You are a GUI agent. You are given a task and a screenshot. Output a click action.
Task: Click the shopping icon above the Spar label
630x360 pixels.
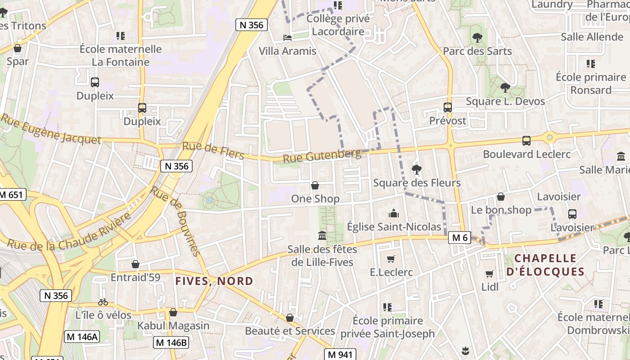[x=18, y=48]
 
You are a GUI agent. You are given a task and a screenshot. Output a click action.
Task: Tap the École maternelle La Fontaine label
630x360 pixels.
[x=121, y=55]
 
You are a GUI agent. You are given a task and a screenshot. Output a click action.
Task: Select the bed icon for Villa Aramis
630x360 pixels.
[x=288, y=38]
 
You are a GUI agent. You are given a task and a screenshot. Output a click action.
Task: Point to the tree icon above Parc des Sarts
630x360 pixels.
[x=477, y=38]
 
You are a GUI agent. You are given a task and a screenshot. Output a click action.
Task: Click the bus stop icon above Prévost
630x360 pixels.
[x=447, y=108]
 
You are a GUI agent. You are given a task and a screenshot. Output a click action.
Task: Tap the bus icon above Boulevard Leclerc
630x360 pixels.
[x=526, y=141]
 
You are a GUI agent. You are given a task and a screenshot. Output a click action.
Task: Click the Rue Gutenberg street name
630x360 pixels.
[x=322, y=156]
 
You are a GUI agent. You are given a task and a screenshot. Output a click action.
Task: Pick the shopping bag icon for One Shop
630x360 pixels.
[x=315, y=185]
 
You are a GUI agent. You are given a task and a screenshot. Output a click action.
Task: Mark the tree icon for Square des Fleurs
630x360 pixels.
[x=417, y=170]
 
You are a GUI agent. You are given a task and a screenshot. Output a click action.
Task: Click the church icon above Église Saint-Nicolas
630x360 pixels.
[x=394, y=214]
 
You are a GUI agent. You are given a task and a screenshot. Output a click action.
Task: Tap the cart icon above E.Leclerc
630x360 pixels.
[x=391, y=259]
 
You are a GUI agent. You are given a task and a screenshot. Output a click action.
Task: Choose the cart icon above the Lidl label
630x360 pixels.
[x=490, y=274]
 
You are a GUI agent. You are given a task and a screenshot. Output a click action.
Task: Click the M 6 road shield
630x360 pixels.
[x=459, y=238]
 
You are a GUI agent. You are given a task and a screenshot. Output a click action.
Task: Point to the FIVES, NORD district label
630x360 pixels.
[x=214, y=281]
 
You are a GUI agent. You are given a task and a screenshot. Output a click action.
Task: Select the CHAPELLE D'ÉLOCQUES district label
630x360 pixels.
[x=545, y=265]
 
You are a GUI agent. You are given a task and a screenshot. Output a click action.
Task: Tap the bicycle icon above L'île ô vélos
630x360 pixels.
[x=103, y=302]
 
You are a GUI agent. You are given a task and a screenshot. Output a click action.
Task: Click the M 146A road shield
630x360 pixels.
[x=81, y=337]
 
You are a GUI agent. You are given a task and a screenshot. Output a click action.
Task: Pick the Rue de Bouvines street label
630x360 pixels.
[x=175, y=221]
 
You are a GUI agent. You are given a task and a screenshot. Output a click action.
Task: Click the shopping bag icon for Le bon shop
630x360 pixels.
[x=500, y=197]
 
